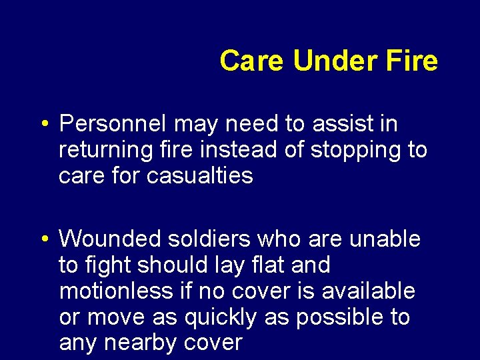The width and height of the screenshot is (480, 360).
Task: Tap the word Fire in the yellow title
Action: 411,61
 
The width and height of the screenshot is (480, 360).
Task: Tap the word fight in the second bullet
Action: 107,265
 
